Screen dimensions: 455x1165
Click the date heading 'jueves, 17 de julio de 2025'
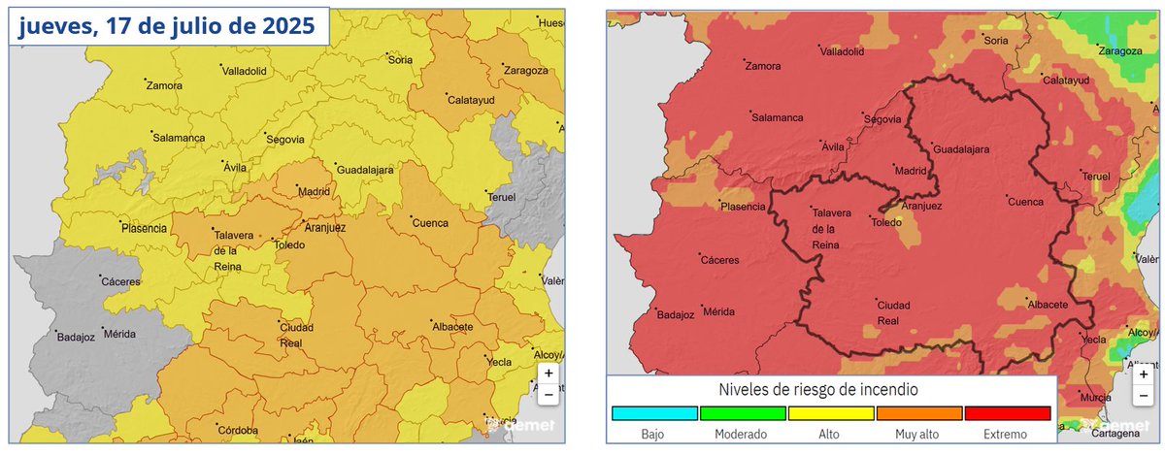click(168, 28)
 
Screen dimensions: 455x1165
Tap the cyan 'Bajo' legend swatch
click(653, 412)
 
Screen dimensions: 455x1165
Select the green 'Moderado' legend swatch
click(742, 412)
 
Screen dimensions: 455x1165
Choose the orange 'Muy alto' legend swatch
click(918, 412)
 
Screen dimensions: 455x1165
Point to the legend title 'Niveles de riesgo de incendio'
click(830, 389)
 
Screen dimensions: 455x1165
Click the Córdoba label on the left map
click(236, 430)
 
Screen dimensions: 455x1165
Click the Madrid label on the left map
click(315, 192)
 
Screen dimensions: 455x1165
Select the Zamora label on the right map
click(762, 66)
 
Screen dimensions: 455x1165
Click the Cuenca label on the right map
click(1025, 202)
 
